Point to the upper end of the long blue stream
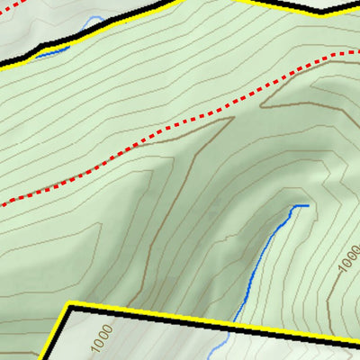point(307,206)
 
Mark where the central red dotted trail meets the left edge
point(2,205)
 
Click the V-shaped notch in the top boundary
point(319,13)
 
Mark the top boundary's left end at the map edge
point(2,66)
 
